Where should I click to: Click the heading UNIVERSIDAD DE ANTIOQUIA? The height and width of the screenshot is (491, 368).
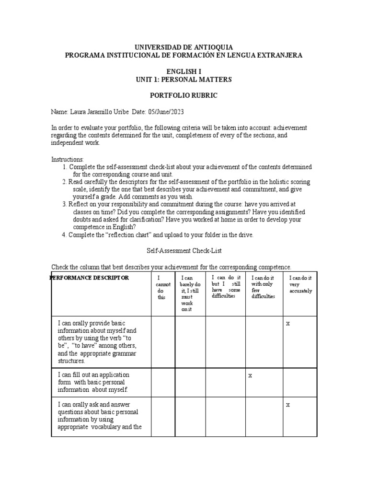coord(184,47)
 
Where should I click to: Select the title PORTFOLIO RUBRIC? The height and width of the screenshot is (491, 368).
coord(184,95)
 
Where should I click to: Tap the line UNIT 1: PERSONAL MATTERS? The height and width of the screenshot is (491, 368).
coord(184,79)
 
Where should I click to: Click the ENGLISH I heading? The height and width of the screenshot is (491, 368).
coord(184,71)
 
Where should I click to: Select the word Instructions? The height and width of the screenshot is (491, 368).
coord(68,159)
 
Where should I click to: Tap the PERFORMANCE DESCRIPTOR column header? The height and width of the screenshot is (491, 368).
coord(90,278)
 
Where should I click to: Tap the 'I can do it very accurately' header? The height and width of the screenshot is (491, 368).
coord(300,284)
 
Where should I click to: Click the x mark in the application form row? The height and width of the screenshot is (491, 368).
coord(250,375)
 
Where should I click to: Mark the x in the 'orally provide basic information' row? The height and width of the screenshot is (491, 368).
coord(288,324)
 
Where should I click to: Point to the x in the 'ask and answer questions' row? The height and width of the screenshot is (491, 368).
coord(288,405)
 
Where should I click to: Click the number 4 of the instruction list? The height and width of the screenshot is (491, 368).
coord(64,235)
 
